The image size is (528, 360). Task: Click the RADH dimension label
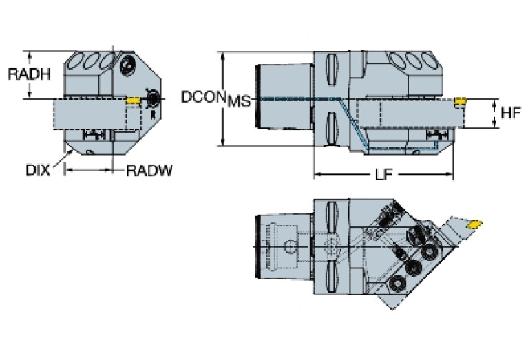point(29,74)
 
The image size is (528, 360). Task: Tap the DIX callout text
point(38,170)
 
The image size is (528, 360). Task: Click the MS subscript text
point(238,103)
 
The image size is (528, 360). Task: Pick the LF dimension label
point(383,175)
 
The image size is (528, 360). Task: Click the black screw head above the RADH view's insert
point(127,66)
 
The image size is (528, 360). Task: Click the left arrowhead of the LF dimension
point(317,175)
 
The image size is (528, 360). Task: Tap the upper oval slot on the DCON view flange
point(330,69)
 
